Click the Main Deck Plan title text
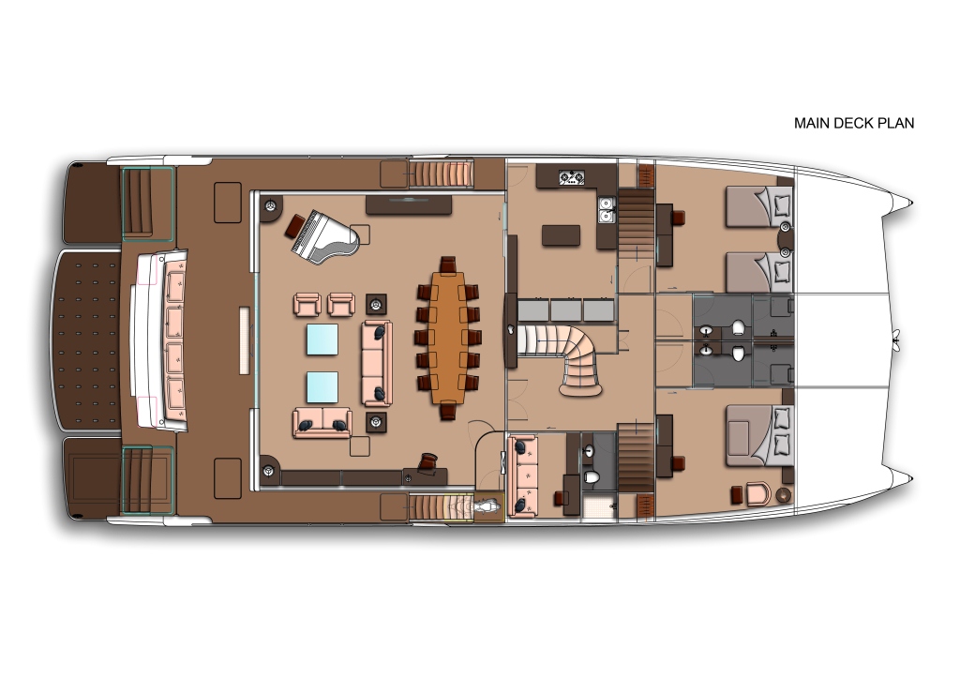(853, 123)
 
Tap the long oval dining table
(448, 338)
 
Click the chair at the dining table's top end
(448, 264)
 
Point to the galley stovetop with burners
(571, 177)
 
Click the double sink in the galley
(607, 209)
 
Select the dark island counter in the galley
(561, 235)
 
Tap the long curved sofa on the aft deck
(160, 339)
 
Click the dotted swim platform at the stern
(85, 339)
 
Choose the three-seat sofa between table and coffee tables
(376, 363)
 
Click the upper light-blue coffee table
(322, 339)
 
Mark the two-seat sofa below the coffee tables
(322, 423)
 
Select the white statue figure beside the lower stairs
(488, 507)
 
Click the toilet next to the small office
(592, 476)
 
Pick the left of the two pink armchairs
(307, 304)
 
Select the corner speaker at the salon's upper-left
(270, 207)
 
